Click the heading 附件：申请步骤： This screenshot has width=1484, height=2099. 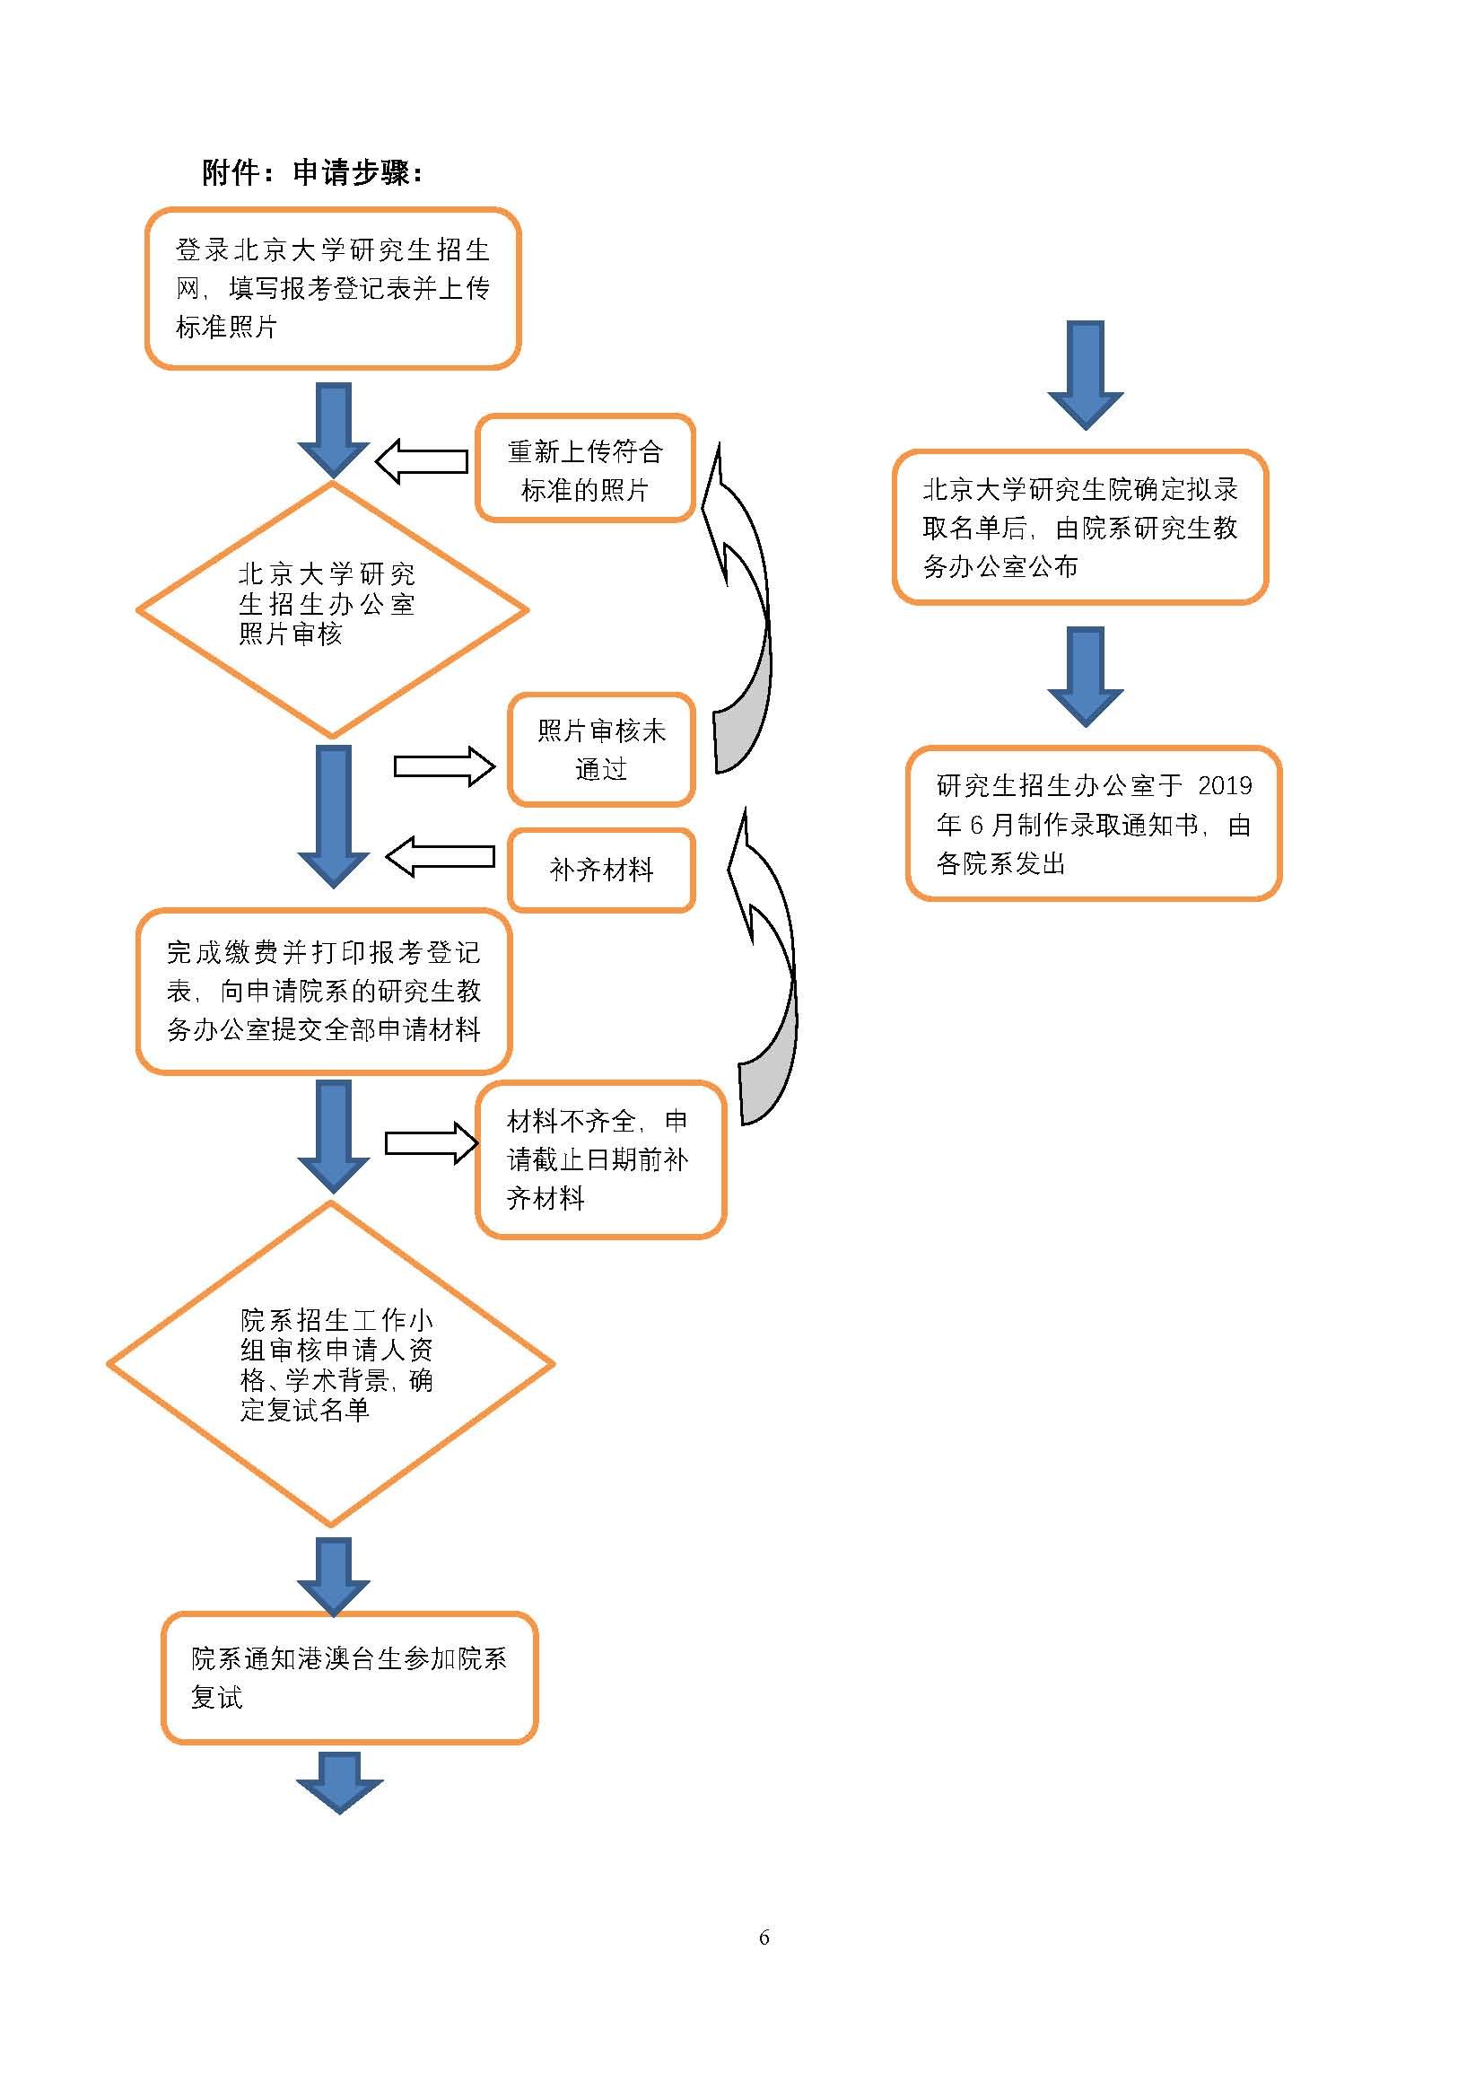tap(311, 172)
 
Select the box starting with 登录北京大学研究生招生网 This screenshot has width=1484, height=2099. tap(333, 288)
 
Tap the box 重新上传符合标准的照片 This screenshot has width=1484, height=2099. tap(585, 469)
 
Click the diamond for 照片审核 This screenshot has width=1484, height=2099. tap(332, 608)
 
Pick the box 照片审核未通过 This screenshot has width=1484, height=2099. tap(601, 749)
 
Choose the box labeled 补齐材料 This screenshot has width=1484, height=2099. tap(601, 870)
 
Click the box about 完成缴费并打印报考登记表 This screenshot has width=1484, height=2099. tap(324, 991)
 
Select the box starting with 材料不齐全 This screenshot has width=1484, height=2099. tap(600, 1159)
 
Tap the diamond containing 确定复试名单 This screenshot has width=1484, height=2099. tap(331, 1364)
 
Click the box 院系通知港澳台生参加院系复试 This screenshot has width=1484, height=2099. tap(349, 1677)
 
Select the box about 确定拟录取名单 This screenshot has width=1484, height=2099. tap(1080, 528)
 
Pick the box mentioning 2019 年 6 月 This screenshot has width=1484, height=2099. tap(1094, 824)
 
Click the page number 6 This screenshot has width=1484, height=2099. tap(764, 1937)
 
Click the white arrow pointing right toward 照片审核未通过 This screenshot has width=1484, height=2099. tap(444, 766)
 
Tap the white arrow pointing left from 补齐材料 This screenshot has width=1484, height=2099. tap(441, 857)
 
